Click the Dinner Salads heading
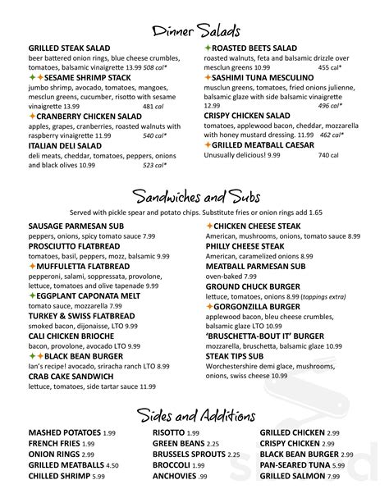pos(194,31)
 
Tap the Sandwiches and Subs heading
pos(194,198)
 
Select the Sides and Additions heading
pos(194,414)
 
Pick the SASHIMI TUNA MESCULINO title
pos(260,77)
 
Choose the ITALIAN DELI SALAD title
pos(65,145)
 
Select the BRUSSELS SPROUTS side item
pos(189,454)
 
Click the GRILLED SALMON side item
pos(291,475)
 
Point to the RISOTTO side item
pos(169,432)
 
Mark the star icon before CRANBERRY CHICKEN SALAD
pos(32,117)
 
